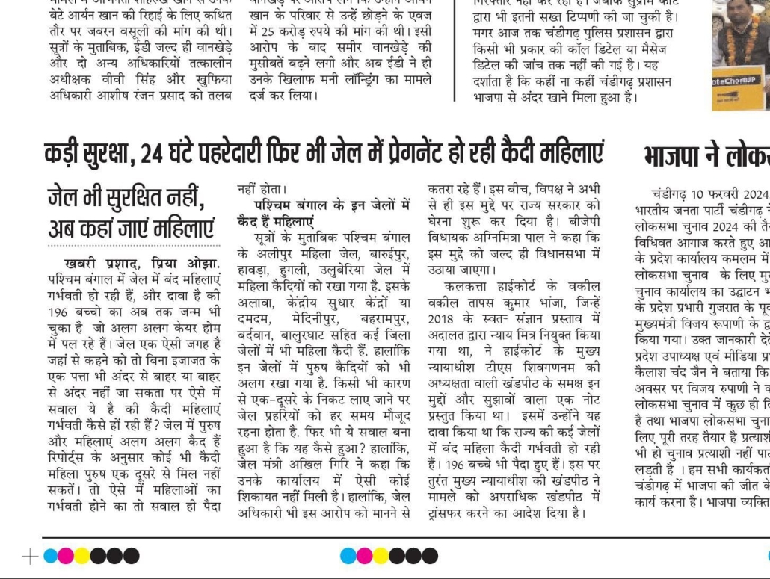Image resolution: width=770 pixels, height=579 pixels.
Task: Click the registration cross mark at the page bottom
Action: [x=30, y=556]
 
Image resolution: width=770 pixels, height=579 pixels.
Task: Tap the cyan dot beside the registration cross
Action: [x=51, y=556]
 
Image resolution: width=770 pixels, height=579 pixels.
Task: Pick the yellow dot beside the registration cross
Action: [x=81, y=556]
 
